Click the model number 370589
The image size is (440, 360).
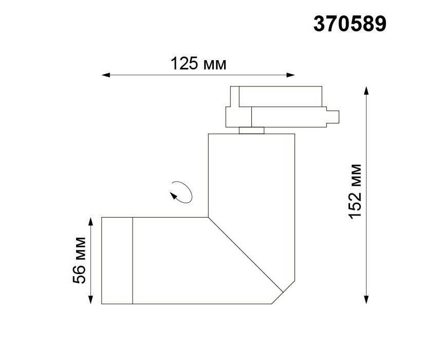[x=350, y=24]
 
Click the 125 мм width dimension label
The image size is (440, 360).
[x=198, y=64]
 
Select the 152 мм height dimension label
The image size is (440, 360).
[x=355, y=191]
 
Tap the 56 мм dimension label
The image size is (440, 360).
[x=79, y=260]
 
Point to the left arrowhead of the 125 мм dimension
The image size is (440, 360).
[x=105, y=75]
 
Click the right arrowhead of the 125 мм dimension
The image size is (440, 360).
[x=290, y=75]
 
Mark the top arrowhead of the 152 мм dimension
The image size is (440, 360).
[x=366, y=91]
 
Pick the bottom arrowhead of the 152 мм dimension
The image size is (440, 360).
[x=366, y=300]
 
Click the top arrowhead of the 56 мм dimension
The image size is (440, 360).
[x=90, y=221]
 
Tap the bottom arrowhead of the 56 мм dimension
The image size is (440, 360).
[x=90, y=300]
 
